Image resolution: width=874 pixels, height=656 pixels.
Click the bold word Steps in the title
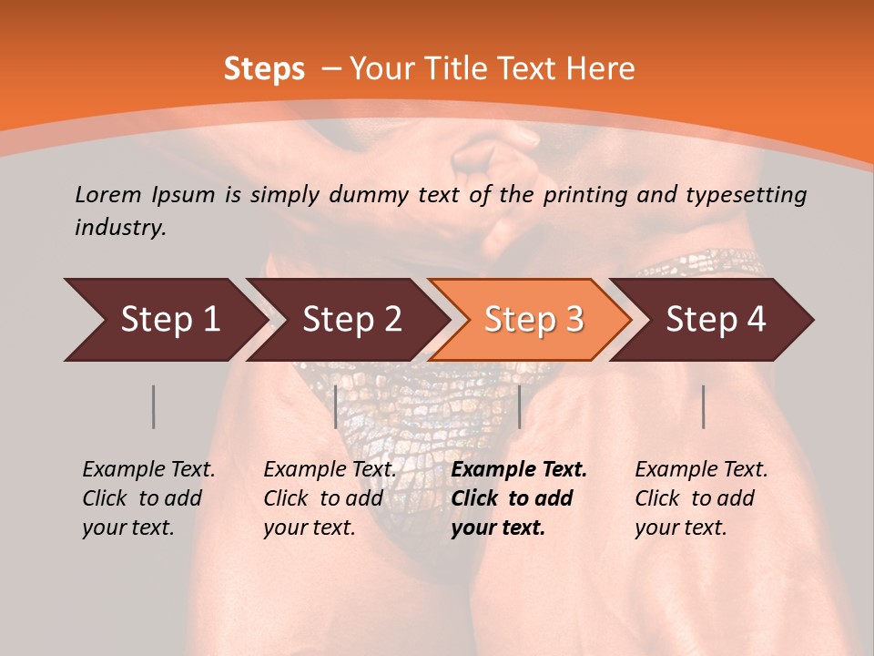click(264, 69)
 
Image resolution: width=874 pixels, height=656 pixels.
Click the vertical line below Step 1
click(153, 406)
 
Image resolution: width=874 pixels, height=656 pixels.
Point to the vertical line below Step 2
click(336, 406)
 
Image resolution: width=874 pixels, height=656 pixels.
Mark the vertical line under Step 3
click(519, 406)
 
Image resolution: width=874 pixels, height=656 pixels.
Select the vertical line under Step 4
click(704, 406)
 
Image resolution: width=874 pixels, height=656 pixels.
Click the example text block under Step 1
click(147, 498)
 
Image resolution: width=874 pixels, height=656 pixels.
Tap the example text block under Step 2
click(329, 498)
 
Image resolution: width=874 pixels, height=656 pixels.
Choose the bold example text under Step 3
click(517, 498)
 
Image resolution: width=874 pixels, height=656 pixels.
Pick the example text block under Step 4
click(700, 498)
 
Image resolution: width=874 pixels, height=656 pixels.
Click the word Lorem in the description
click(107, 194)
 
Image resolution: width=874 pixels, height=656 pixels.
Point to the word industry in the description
click(120, 228)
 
